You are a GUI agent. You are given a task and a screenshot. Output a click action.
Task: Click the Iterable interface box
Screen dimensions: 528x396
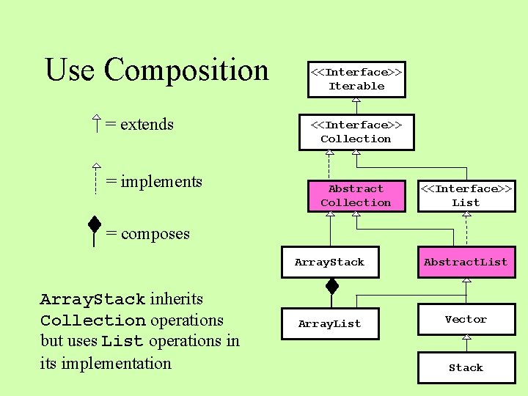point(356,79)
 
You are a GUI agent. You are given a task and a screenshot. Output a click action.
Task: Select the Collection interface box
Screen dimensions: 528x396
point(356,132)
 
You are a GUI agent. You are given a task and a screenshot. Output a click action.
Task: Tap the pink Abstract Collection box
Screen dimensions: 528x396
point(356,196)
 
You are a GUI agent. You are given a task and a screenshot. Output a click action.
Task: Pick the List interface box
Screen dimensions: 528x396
point(466,196)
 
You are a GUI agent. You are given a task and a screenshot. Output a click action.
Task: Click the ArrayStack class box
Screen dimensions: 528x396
point(329,263)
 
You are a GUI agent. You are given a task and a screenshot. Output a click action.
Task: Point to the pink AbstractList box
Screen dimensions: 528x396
point(466,263)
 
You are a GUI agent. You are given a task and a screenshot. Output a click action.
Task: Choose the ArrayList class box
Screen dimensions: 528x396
point(329,324)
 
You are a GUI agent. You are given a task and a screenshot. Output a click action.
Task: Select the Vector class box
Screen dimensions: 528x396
point(466,320)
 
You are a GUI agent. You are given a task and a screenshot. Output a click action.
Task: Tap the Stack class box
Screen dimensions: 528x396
point(466,368)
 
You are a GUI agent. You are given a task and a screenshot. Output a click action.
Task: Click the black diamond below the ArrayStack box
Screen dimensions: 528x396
point(332,285)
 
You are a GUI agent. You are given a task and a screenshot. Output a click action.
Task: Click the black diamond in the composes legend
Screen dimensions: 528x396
point(95,224)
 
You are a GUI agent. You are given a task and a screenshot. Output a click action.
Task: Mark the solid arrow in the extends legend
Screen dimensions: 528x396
point(96,124)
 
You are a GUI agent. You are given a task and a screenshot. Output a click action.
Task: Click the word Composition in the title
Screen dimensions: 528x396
point(186,70)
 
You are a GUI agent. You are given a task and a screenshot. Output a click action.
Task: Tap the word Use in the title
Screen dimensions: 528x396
point(70,70)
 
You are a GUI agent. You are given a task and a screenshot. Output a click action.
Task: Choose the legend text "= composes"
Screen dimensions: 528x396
point(147,234)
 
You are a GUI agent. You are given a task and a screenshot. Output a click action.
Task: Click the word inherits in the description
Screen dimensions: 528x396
point(176,299)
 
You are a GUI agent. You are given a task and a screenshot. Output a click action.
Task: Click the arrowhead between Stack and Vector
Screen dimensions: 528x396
point(466,338)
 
